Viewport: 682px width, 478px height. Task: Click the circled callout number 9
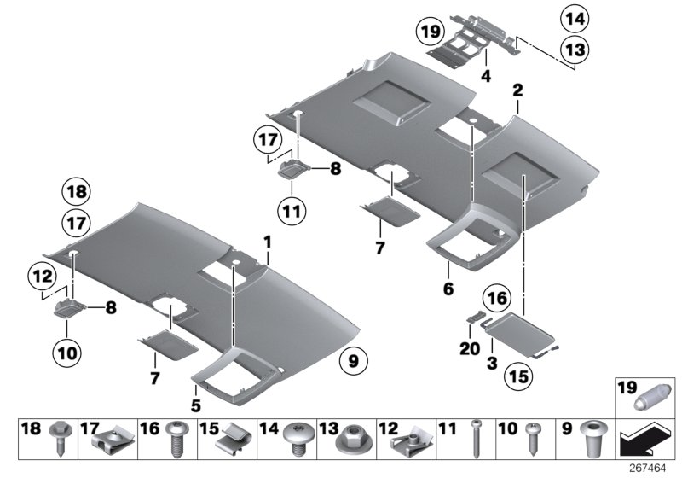click(x=352, y=361)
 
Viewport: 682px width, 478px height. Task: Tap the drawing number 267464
click(x=651, y=468)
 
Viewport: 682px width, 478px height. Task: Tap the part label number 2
click(x=517, y=89)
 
